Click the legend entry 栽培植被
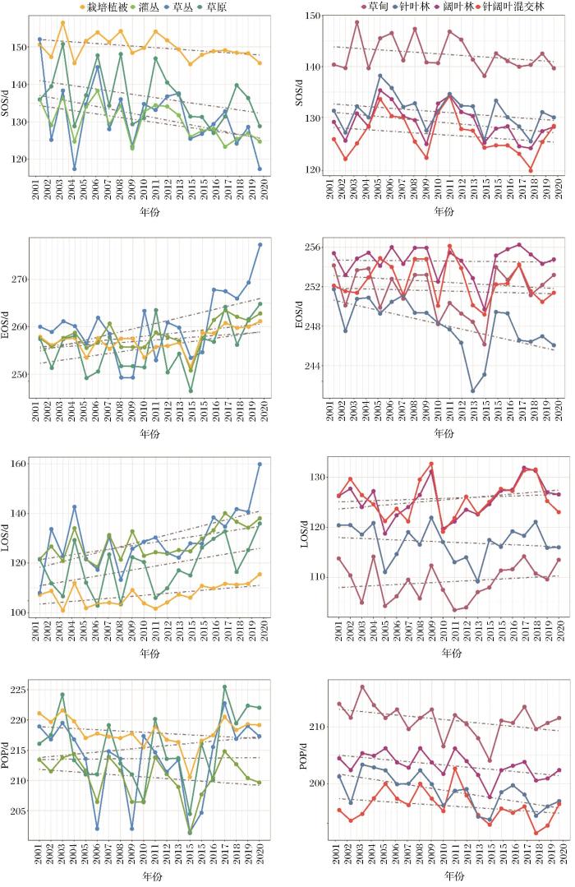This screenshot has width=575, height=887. (x=111, y=7)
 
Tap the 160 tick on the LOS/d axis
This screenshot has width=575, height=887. (x=20, y=464)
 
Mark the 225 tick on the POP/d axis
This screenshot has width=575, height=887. (x=20, y=690)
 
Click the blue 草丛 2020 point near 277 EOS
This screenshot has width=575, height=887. (x=260, y=244)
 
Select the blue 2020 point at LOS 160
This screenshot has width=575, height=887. (x=260, y=464)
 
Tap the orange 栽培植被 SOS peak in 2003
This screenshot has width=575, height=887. (x=63, y=23)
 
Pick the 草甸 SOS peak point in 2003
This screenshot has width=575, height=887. (x=356, y=22)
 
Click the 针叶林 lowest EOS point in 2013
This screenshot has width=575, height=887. (x=472, y=390)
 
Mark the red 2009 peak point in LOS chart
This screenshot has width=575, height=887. (x=430, y=464)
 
